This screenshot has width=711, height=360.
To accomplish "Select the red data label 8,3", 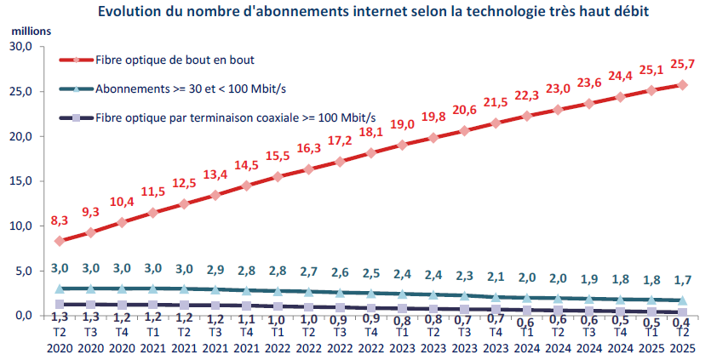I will [x=60, y=220].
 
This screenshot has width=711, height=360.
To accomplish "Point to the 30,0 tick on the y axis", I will [x=20, y=47].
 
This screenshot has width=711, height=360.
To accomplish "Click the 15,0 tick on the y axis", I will [x=20, y=181].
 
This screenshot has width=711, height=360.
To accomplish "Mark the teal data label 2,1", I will [x=495, y=274].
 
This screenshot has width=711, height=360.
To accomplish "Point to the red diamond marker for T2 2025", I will [x=682, y=85].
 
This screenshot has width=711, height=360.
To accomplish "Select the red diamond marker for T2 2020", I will [x=59, y=241].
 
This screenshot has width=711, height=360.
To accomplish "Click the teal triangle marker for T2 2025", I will [x=682, y=300].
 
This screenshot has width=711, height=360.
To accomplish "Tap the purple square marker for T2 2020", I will [x=59, y=304].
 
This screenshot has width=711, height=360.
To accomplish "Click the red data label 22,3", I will [x=527, y=95].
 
